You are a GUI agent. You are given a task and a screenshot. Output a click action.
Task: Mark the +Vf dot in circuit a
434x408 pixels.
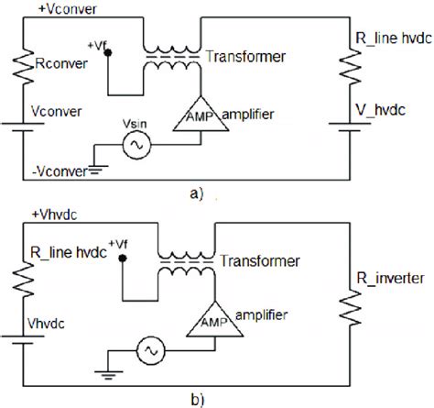pyautogui.click(x=107, y=51)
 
